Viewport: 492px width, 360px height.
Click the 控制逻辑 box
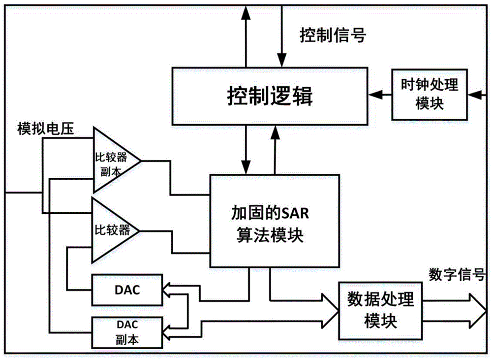[x=270, y=97]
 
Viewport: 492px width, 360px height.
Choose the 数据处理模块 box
[x=380, y=311]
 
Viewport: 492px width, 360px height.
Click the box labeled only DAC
[x=126, y=290]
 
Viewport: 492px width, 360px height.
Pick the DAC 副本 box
[x=126, y=331]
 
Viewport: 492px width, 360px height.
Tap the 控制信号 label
[x=333, y=36]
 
